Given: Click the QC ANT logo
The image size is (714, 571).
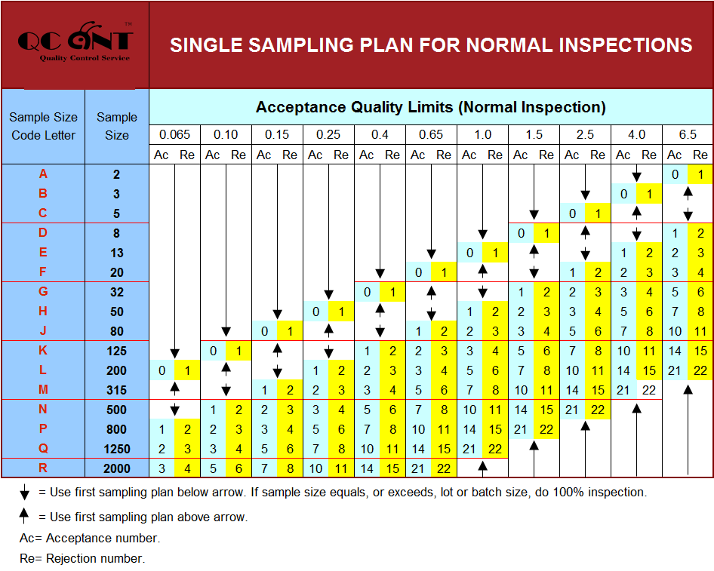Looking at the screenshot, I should pos(75,44).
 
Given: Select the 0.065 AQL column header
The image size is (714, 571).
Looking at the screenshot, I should pos(174,135).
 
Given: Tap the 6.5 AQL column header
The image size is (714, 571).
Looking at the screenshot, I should pos(687,135).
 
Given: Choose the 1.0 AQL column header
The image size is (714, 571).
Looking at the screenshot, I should pos(482,135).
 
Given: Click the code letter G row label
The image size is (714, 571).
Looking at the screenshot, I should pos(43,292).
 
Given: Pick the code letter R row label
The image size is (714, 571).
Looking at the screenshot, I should pos(43,468).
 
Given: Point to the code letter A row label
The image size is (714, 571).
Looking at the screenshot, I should pos(43,174).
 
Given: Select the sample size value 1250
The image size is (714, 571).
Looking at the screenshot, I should pos(117,449).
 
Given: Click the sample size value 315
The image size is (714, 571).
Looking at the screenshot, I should pos(117,390).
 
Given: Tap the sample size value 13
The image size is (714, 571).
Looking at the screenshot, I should pos(117,253).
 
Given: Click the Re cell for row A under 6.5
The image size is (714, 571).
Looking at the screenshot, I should pos(700,174).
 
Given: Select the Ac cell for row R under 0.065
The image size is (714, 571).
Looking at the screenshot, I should pos(162,468).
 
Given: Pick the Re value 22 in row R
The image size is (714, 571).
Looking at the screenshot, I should pos(444,468).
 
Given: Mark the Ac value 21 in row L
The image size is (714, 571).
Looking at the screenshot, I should pos(675,370).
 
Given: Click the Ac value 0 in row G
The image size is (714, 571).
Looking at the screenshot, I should pos(367,292).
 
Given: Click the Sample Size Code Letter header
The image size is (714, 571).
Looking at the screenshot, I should pos(43,126).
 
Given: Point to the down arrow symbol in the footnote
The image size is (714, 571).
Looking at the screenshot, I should pos(25,494).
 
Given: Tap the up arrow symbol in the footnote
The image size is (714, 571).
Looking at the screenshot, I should pos(25,517).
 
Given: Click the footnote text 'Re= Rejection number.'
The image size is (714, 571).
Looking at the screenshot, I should pos(82,559).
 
